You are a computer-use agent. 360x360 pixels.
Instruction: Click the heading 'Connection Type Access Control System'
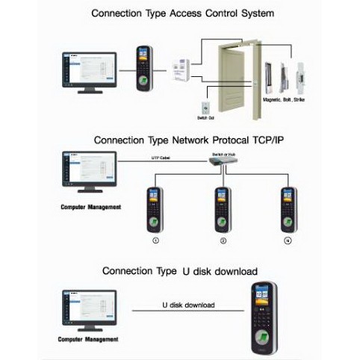(181, 13)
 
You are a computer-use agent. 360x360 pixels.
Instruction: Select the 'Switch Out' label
(205, 118)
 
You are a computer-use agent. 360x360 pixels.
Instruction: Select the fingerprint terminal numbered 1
(155, 209)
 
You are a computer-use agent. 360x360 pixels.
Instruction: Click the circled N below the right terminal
(287, 242)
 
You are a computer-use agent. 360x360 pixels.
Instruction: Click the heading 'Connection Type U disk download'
(180, 270)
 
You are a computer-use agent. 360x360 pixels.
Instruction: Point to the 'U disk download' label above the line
(188, 305)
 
